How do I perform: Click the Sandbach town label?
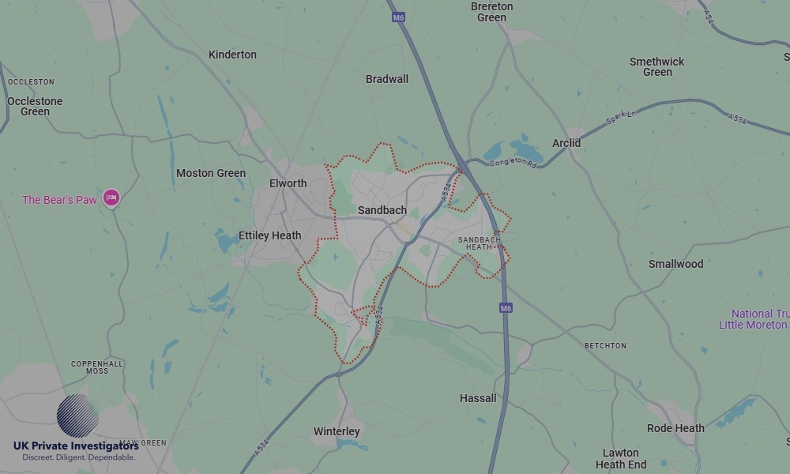pyautogui.click(x=382, y=210)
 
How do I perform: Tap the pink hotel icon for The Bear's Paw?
pyautogui.click(x=111, y=197)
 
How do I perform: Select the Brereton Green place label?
pyautogui.click(x=491, y=12)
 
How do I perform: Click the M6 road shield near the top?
pyautogui.click(x=397, y=17)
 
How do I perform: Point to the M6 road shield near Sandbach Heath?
pyautogui.click(x=506, y=308)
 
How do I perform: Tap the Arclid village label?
pyautogui.click(x=566, y=143)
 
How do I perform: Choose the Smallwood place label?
pyautogui.click(x=675, y=264)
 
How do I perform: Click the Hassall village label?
pyautogui.click(x=478, y=398)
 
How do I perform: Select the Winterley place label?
pyautogui.click(x=337, y=431)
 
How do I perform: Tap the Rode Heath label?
pyautogui.click(x=675, y=428)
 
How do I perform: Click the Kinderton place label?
pyautogui.click(x=232, y=55)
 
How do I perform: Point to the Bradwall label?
pyautogui.click(x=387, y=79)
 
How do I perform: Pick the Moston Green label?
pyautogui.click(x=211, y=173)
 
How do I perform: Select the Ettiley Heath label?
pyautogui.click(x=270, y=235)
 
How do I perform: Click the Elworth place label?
pyautogui.click(x=288, y=183)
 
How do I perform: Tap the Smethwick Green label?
pyautogui.click(x=657, y=66)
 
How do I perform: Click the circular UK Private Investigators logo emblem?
pyautogui.click(x=77, y=416)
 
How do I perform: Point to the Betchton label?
pyautogui.click(x=605, y=346)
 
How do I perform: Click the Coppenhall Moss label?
pyautogui.click(x=97, y=367)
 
